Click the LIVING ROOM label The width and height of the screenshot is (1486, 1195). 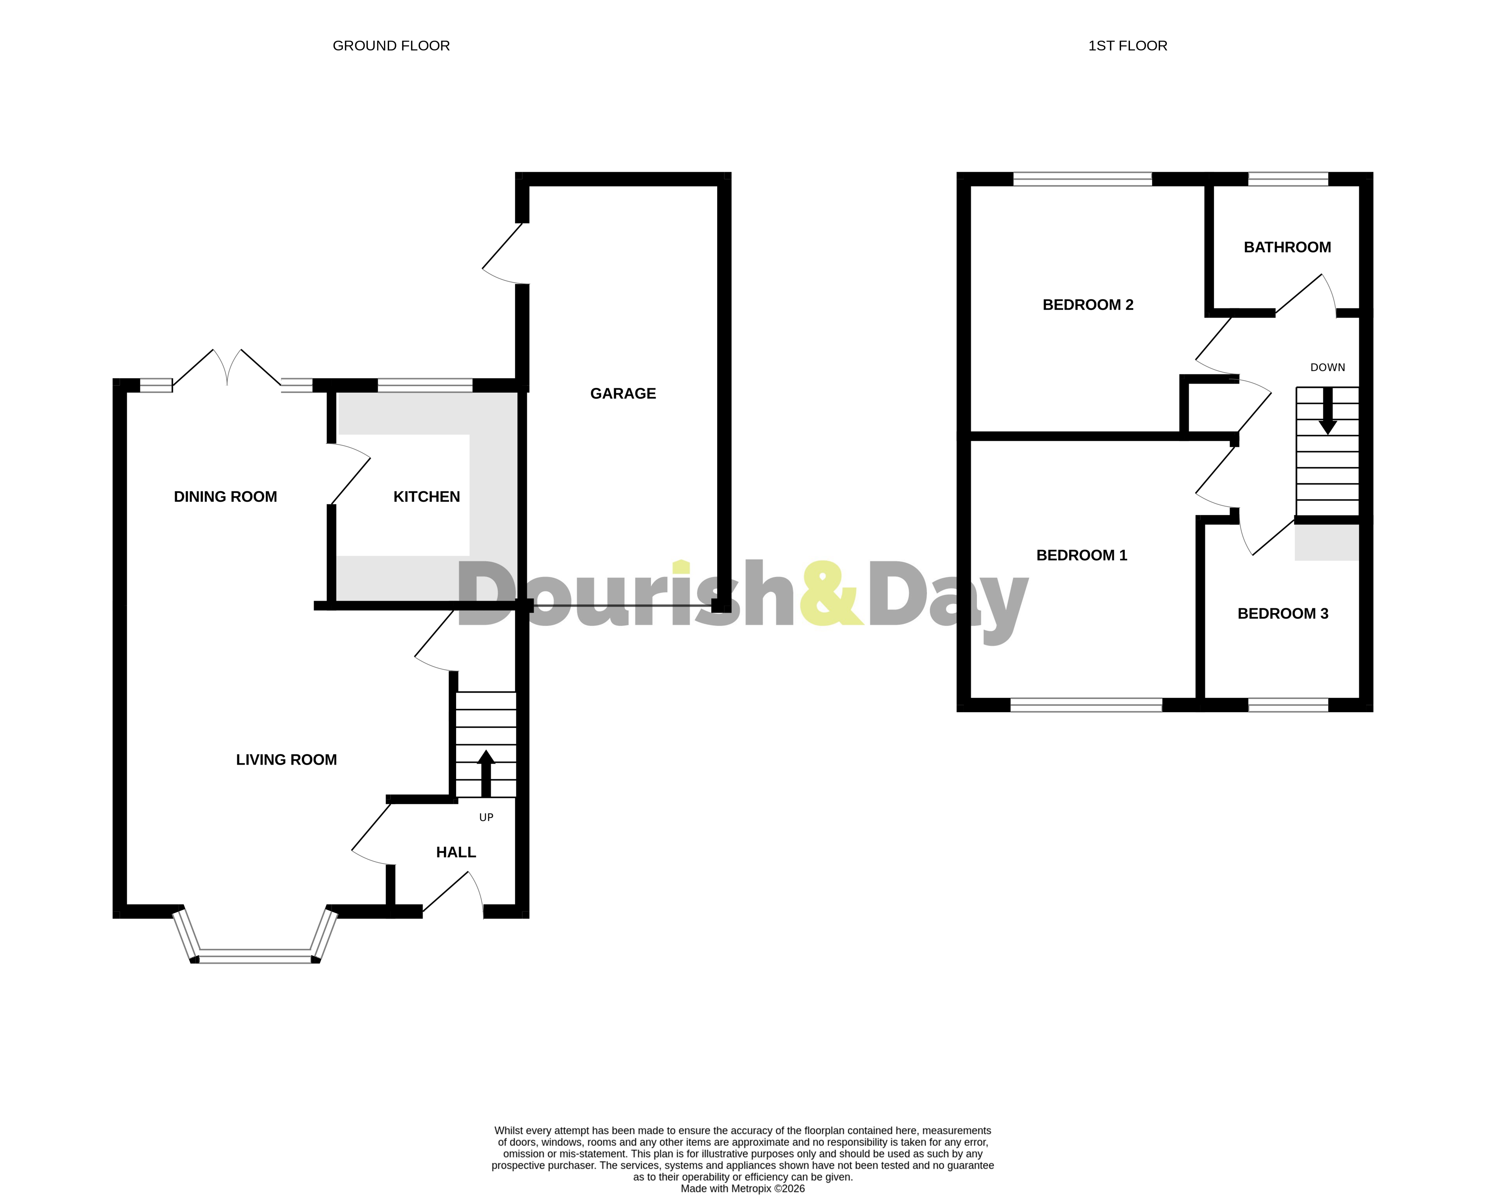286,760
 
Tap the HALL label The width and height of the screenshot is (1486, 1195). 456,852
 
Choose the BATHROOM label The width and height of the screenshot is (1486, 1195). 1287,248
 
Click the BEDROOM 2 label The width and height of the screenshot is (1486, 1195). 1088,305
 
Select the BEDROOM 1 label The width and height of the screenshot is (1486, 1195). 1081,555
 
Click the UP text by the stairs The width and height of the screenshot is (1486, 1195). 486,817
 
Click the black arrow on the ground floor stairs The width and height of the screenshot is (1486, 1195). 486,772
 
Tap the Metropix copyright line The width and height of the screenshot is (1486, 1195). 742,1189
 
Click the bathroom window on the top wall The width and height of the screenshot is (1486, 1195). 1288,179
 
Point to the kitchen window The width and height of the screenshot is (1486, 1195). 425,385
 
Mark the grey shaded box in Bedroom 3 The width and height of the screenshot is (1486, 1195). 1326,542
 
